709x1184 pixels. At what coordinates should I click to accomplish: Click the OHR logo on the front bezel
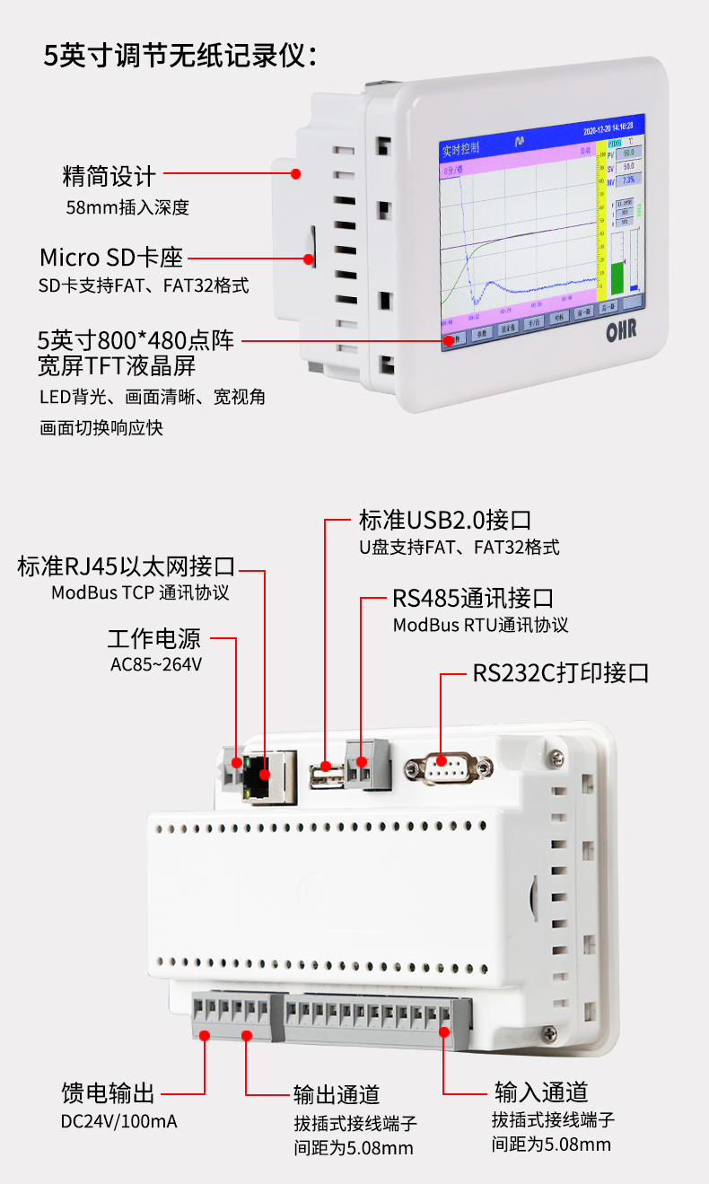tap(621, 330)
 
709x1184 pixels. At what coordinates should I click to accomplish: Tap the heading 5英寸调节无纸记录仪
tap(179, 56)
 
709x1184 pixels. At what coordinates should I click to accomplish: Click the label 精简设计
tap(109, 176)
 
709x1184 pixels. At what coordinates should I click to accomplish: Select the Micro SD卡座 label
tap(110, 258)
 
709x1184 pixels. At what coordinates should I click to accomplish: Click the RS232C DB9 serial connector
tap(448, 767)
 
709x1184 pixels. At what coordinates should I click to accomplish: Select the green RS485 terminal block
tap(369, 765)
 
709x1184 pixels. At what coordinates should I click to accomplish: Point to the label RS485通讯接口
tap(472, 598)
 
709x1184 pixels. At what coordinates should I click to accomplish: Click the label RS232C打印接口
tap(560, 673)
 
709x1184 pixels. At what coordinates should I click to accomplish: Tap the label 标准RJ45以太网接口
tap(126, 567)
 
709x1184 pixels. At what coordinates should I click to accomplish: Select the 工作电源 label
tap(154, 639)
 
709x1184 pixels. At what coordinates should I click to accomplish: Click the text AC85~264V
tap(155, 665)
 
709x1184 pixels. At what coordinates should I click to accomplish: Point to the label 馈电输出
tap(108, 1092)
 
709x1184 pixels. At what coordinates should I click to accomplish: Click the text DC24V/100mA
tap(118, 1121)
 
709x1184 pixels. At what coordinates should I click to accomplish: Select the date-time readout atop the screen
tap(608, 126)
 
